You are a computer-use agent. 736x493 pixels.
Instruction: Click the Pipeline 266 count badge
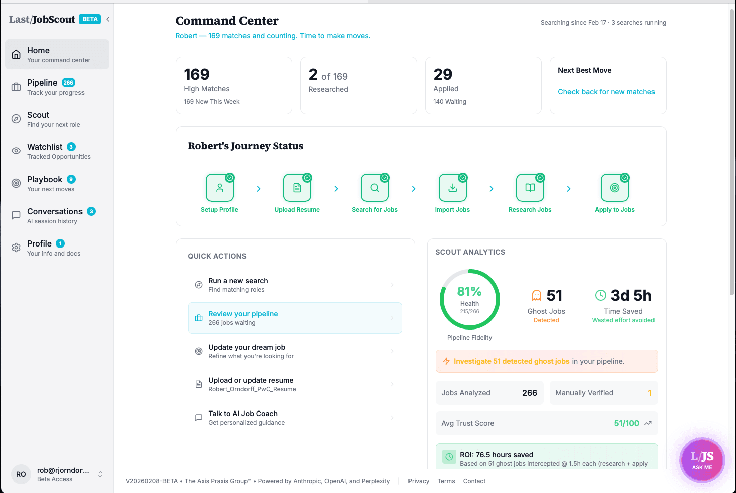coord(68,83)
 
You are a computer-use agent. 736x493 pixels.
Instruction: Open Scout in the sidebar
coord(38,119)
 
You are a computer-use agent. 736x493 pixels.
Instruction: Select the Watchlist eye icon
coord(16,151)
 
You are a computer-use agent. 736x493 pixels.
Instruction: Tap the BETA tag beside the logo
coord(90,19)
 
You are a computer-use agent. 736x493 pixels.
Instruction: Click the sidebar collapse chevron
coord(108,19)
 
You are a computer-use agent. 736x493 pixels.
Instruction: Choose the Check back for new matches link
coord(606,92)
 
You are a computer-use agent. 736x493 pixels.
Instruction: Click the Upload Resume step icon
coord(297,188)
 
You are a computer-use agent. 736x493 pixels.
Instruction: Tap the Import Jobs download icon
coord(452,188)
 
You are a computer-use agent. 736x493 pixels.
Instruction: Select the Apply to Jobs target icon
coord(614,188)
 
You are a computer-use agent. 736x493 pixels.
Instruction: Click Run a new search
coord(238,281)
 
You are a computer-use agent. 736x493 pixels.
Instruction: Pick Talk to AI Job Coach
coord(243,414)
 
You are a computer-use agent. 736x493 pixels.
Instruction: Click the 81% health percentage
coord(469,291)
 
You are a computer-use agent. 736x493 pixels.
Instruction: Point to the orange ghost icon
coord(537,295)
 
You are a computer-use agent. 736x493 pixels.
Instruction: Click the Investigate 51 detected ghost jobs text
coord(511,361)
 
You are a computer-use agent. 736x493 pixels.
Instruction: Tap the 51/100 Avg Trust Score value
coord(626,423)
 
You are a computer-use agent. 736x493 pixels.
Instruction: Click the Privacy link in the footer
coord(418,481)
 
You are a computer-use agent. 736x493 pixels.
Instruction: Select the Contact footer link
coord(474,481)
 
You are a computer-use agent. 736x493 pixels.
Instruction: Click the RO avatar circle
coord(21,474)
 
